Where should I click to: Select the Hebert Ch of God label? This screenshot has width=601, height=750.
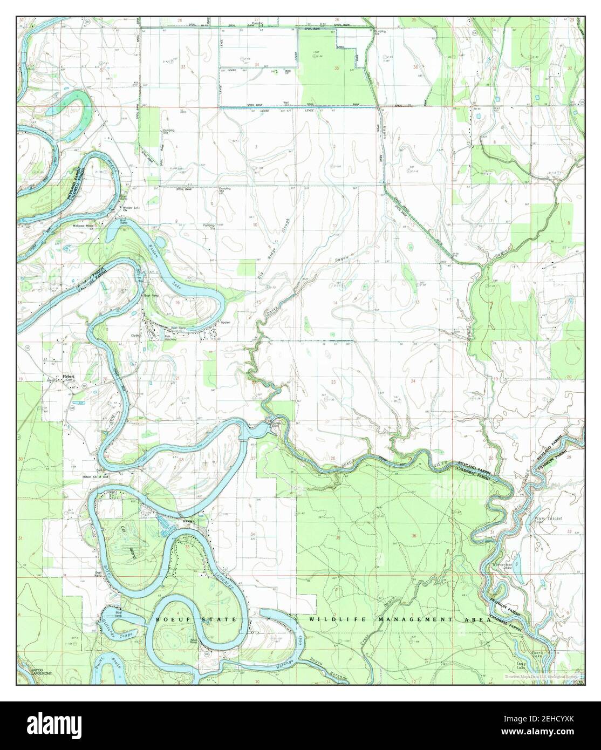coord(95,476)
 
